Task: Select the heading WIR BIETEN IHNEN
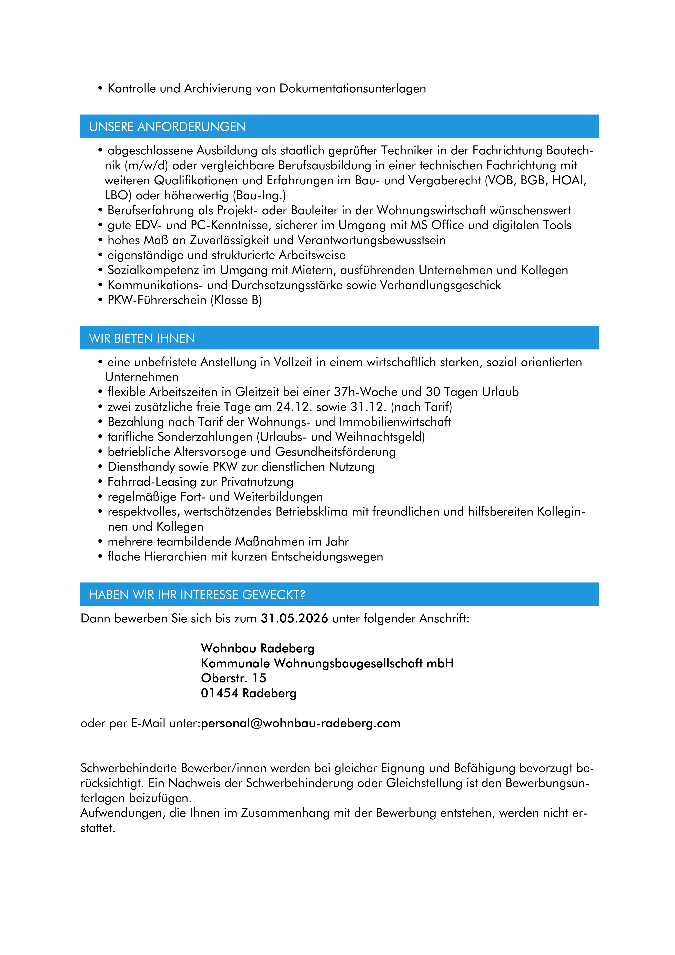pyautogui.click(x=142, y=338)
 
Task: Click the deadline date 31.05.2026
pyautogui.click(x=294, y=619)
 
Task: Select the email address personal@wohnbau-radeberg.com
pyautogui.click(x=301, y=723)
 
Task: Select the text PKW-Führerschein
pyautogui.click(x=157, y=300)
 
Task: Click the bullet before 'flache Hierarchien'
pyautogui.click(x=100, y=557)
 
